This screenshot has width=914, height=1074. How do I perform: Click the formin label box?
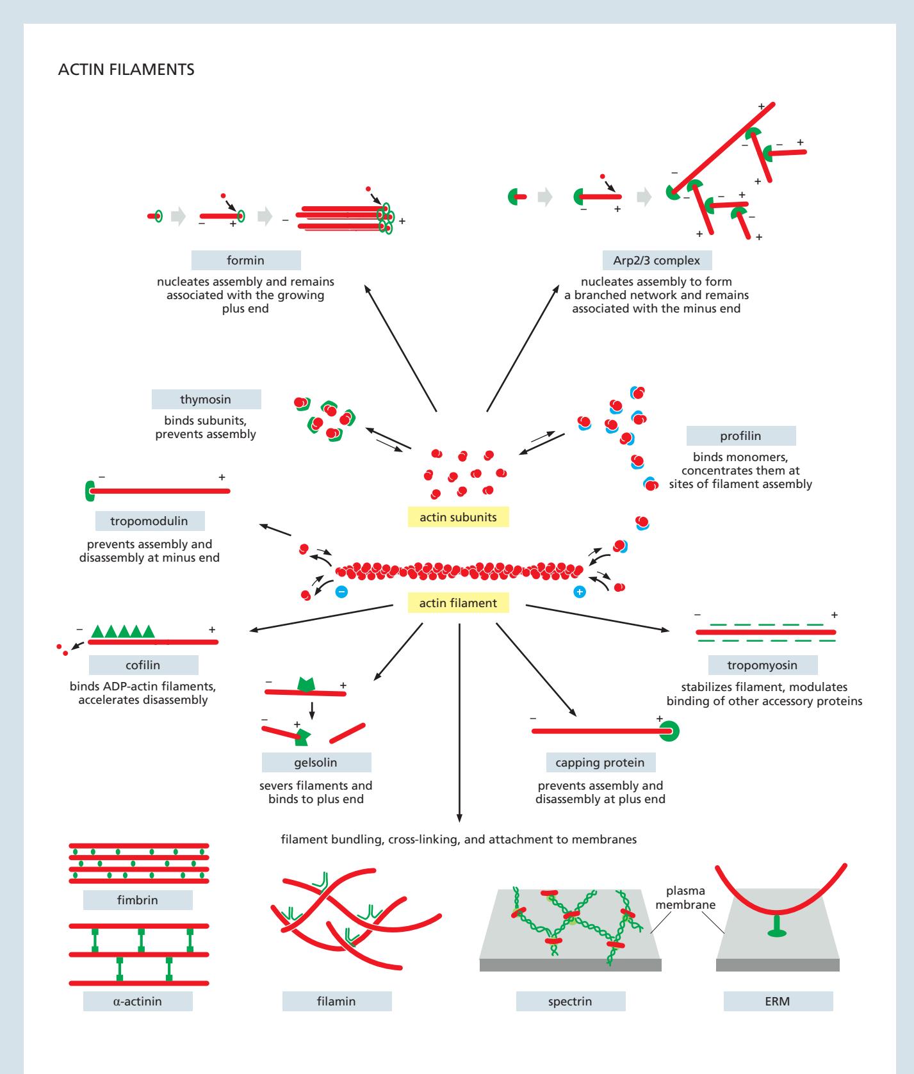(x=246, y=261)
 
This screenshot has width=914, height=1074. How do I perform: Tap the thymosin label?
(x=206, y=400)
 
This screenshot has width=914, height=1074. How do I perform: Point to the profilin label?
(x=740, y=436)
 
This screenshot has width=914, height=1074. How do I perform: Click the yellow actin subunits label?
(x=458, y=517)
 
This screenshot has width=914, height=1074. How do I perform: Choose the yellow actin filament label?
(x=458, y=603)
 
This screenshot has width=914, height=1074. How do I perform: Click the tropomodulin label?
(x=149, y=521)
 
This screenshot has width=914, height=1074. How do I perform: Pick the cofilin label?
(x=143, y=664)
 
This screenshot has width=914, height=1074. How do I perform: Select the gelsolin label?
(x=316, y=763)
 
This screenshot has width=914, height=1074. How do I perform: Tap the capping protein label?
(x=600, y=763)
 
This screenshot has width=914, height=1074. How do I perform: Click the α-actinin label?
(x=138, y=1001)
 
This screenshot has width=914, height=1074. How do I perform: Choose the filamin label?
(x=336, y=1001)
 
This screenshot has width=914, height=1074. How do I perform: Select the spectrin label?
(x=570, y=1001)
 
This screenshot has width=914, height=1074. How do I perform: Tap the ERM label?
(x=778, y=1001)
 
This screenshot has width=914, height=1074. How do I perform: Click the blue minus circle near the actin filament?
(x=342, y=592)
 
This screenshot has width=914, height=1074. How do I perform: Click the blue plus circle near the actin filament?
(x=579, y=592)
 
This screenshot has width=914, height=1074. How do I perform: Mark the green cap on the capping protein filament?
(x=670, y=731)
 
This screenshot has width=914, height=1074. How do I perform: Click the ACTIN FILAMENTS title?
(x=126, y=70)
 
